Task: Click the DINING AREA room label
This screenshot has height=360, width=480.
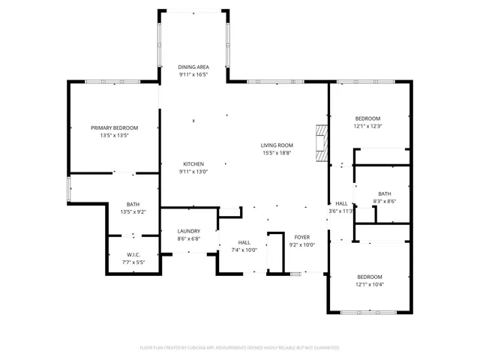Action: tap(193, 67)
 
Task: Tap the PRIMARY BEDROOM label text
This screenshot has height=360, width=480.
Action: tap(115, 128)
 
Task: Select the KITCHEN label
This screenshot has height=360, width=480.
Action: tap(193, 164)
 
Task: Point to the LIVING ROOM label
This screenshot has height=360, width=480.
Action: tap(277, 145)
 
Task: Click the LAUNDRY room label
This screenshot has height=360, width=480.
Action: tap(188, 231)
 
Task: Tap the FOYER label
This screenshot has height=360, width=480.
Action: tap(301, 237)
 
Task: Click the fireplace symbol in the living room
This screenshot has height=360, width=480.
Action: tap(322, 142)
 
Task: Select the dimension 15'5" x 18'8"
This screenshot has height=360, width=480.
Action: tap(277, 153)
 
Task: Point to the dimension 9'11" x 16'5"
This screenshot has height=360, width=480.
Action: tap(193, 75)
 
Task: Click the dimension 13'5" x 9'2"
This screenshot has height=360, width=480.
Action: tap(133, 212)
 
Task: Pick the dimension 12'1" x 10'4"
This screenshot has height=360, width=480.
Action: tap(369, 284)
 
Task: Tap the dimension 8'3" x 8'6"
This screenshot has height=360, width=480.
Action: tap(385, 201)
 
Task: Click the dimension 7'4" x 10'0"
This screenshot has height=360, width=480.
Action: tap(244, 250)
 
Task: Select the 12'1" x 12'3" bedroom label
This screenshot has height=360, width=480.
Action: tap(368, 126)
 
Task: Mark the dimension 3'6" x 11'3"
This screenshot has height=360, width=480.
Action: tap(341, 211)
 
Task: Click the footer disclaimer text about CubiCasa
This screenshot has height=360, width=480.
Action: tap(240, 348)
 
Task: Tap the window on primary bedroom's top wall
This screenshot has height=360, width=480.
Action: tap(112, 81)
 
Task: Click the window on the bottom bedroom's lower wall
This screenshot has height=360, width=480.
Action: tap(369, 311)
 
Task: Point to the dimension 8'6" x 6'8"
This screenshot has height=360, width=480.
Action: tap(188, 238)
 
